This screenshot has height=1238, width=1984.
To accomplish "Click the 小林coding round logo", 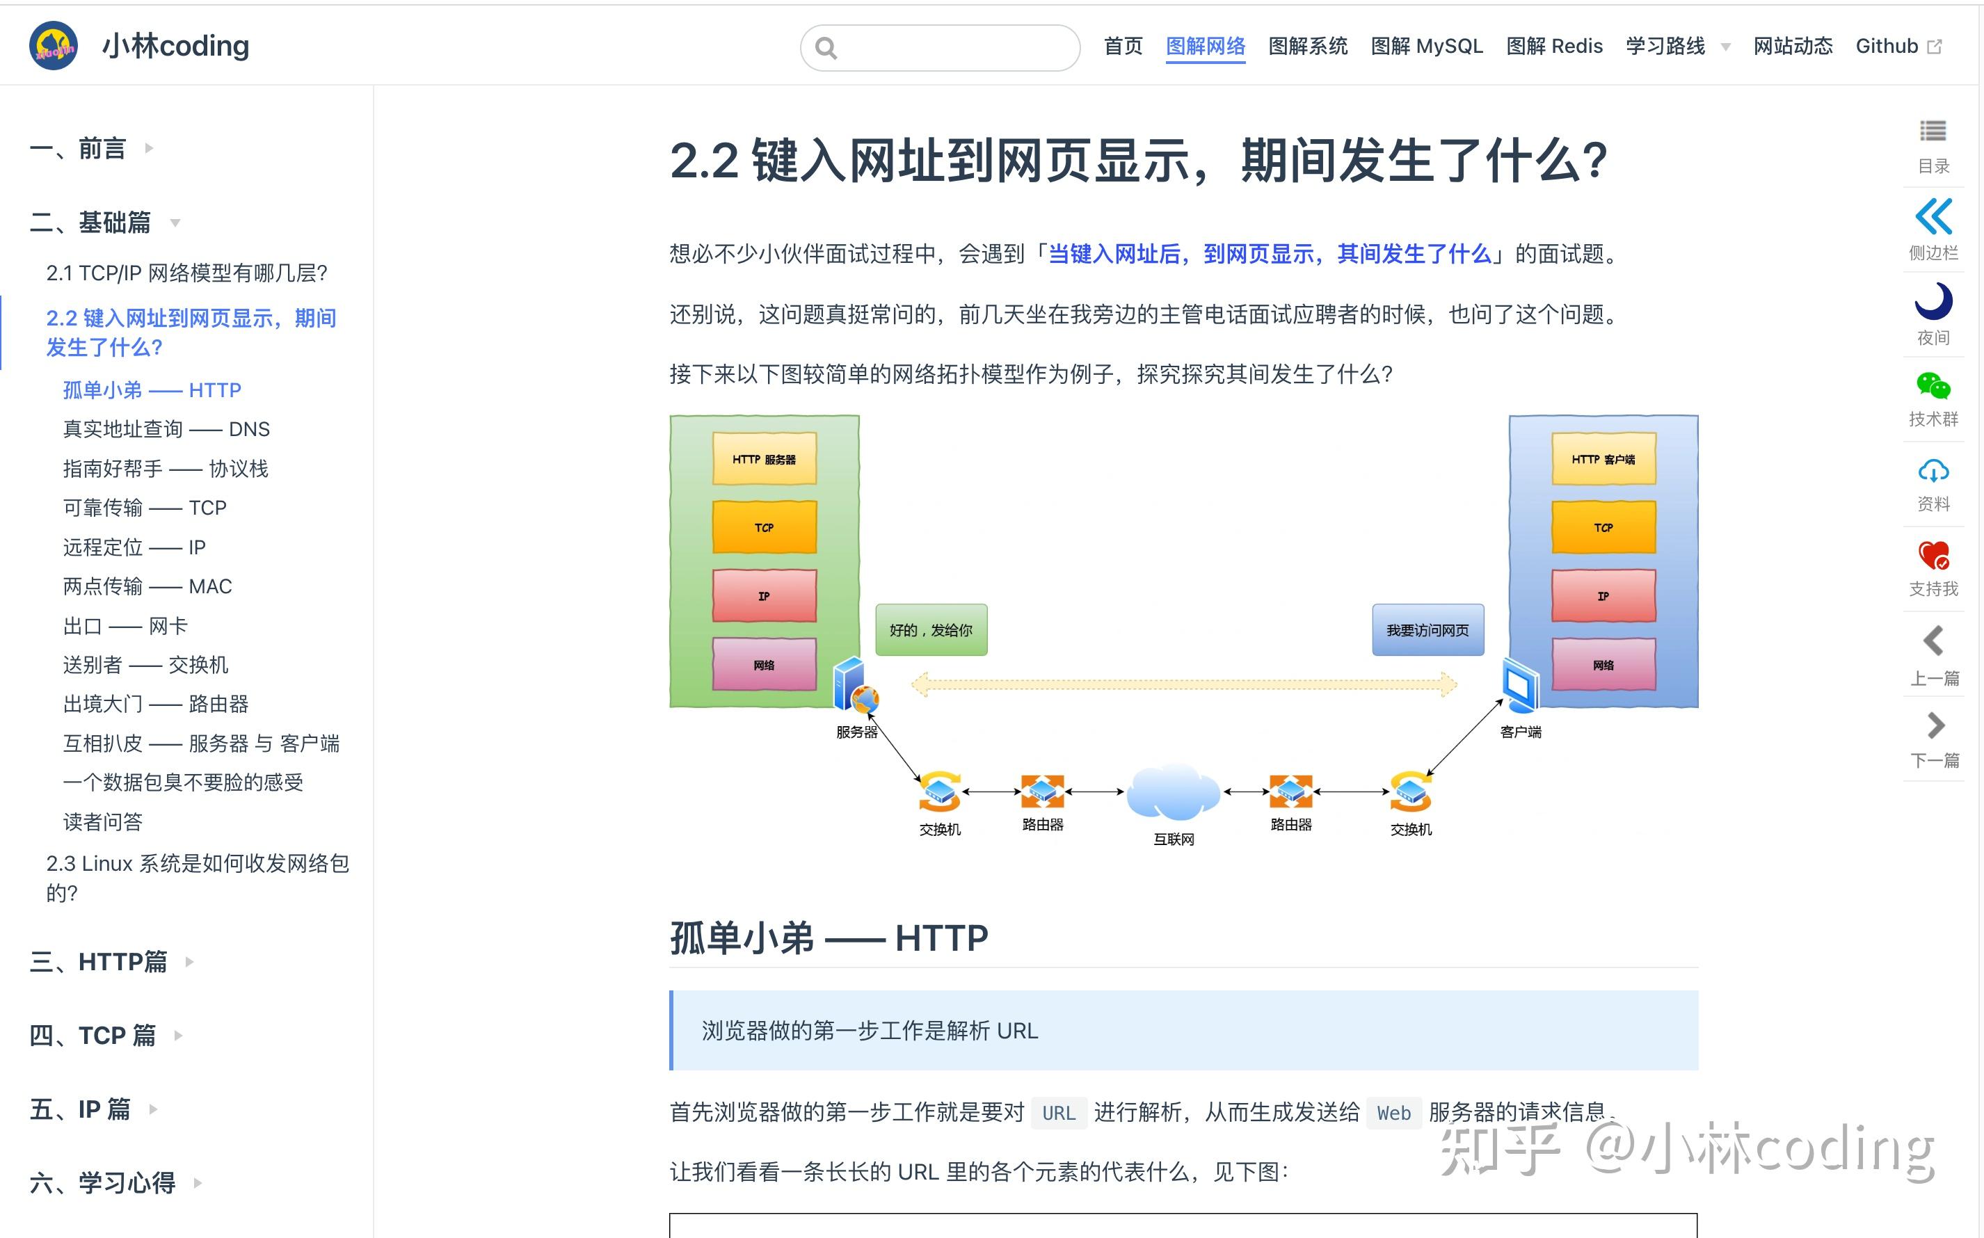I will [x=54, y=46].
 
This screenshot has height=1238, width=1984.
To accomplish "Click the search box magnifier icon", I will [x=826, y=48].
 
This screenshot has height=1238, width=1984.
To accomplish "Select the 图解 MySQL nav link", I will [x=1426, y=46].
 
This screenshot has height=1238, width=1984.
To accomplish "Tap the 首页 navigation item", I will [x=1123, y=46].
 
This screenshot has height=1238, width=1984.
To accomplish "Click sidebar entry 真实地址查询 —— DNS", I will [x=166, y=429].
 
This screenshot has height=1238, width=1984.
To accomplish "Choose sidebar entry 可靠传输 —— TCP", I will [x=145, y=508].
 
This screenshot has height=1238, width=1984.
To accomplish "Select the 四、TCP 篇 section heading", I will [x=93, y=1035].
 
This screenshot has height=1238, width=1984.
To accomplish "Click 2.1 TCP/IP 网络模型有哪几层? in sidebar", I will [x=186, y=273].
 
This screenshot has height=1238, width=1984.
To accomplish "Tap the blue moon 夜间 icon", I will [x=1933, y=301].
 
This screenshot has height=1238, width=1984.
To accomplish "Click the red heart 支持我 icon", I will [x=1933, y=555].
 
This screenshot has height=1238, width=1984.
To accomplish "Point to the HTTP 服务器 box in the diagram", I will [x=764, y=459].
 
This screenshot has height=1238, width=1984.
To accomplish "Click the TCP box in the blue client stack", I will [x=1602, y=527].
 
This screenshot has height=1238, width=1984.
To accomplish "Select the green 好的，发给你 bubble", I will [x=931, y=629].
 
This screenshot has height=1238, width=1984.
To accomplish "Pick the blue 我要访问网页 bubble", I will [x=1427, y=629].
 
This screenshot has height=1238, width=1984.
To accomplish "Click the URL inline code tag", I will [x=1058, y=1113].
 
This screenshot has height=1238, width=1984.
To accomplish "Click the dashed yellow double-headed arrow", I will [x=1183, y=684].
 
